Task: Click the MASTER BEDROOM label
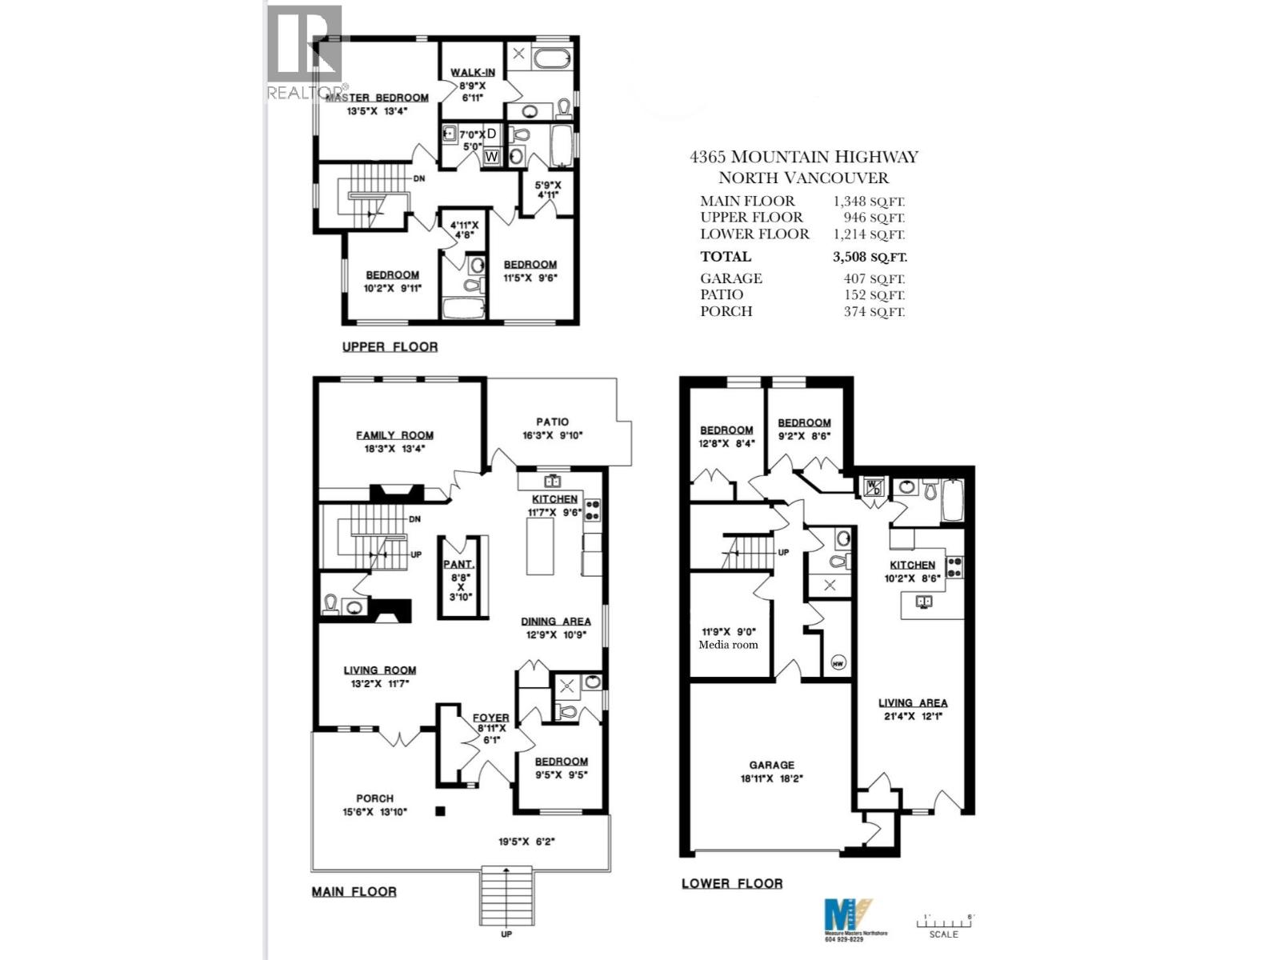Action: click(388, 98)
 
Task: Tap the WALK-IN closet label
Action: click(472, 72)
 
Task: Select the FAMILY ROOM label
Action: click(394, 435)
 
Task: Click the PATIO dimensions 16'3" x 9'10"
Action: click(552, 436)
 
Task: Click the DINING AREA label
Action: click(555, 621)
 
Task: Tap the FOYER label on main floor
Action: click(490, 718)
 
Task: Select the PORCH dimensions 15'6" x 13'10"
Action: click(374, 812)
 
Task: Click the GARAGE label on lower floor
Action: click(772, 765)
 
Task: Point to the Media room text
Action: click(728, 645)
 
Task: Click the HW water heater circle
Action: click(838, 662)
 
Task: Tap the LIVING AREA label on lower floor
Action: click(913, 702)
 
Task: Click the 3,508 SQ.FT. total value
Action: click(870, 257)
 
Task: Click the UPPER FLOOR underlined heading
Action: click(390, 346)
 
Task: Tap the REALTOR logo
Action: click(305, 52)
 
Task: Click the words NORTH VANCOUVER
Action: click(803, 178)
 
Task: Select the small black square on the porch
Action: click(440, 811)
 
